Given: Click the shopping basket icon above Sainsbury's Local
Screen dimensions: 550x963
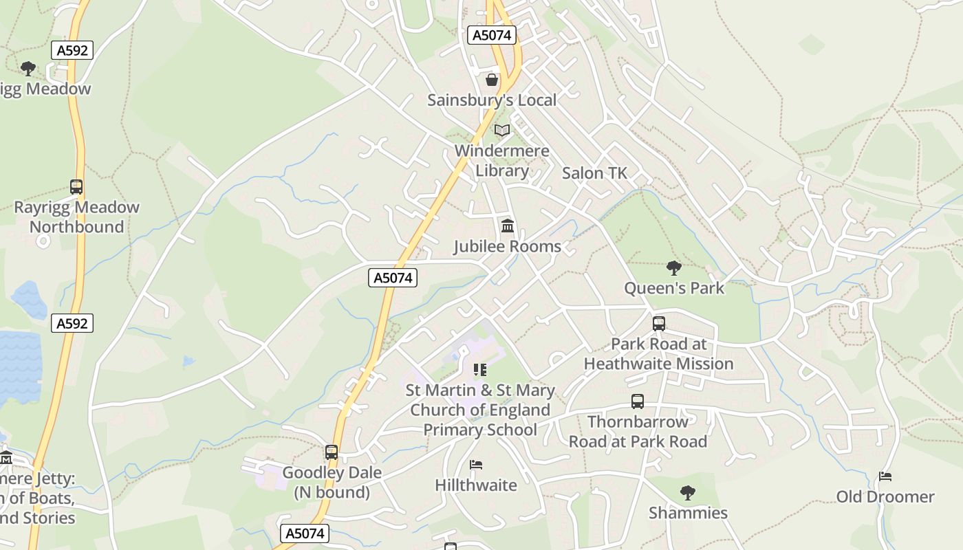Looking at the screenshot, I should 492,80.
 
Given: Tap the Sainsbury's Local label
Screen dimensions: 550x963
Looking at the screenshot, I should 492,100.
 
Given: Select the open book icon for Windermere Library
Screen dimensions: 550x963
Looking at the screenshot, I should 502,130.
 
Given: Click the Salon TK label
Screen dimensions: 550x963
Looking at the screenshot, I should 594,173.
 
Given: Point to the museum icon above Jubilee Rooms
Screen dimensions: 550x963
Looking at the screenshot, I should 508,225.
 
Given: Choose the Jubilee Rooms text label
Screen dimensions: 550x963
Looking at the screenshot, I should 507,246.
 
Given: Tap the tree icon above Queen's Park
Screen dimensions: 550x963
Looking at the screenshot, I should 674,267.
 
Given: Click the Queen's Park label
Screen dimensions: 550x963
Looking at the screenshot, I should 674,288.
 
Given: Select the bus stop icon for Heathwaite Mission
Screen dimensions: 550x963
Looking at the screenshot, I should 659,323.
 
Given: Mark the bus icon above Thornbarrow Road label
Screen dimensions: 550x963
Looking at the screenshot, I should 638,401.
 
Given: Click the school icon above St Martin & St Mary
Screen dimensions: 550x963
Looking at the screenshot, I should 480,370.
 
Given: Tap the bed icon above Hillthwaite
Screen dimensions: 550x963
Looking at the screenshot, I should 475,465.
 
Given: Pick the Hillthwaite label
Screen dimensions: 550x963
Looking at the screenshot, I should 476,485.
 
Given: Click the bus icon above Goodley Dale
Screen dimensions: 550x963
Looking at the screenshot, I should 332,452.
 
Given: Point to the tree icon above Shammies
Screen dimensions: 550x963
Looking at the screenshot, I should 687,492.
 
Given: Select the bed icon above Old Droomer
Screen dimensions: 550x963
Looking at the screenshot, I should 885,476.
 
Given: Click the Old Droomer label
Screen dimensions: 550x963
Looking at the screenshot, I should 885,496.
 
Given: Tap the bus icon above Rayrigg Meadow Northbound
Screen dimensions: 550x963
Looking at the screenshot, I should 76,186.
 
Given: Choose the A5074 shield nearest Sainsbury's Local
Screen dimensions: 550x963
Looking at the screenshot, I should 492,35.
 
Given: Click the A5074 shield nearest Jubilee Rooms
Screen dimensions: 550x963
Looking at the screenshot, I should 393,278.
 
